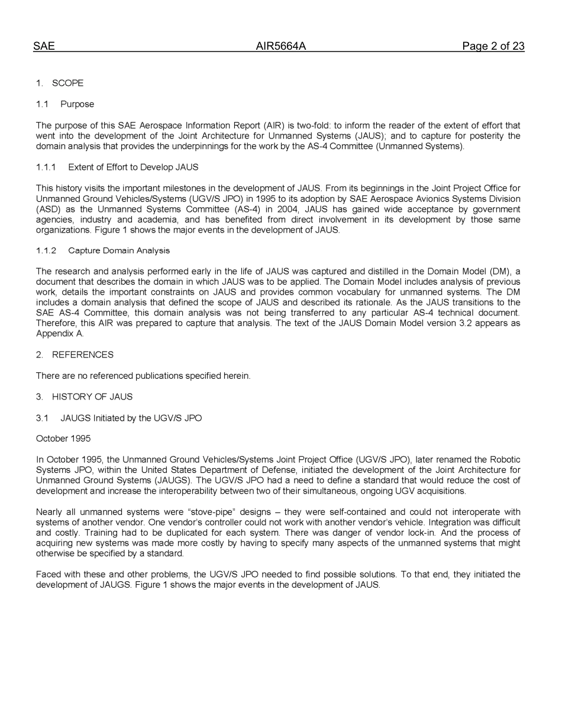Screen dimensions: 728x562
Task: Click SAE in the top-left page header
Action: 44,46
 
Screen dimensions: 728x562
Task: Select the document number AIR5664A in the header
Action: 280,46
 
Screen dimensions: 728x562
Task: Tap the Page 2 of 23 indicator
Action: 493,46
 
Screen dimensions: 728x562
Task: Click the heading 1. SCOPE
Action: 60,83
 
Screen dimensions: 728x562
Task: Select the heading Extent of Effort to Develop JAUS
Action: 133,167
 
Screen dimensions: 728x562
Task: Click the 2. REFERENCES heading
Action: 75,355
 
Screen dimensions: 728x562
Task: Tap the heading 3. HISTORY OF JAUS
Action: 84,397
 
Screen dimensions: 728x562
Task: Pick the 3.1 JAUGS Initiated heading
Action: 119,418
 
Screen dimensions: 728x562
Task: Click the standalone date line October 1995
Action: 63,439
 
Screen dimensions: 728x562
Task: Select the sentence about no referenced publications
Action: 143,376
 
